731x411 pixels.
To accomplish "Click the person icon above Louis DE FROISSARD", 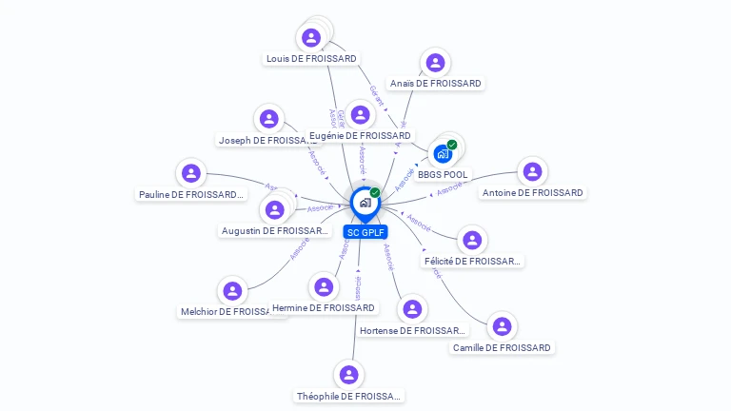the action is pos(310,38).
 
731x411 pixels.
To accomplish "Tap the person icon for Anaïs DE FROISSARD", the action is pos(435,63).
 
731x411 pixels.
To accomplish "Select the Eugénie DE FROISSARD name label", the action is pos(360,136).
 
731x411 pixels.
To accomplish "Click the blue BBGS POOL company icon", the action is pos(443,153).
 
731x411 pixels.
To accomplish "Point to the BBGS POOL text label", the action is pos(443,175).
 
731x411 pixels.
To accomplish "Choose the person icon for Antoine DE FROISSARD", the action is pos(532,172).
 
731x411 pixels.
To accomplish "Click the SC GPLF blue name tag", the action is pos(366,232).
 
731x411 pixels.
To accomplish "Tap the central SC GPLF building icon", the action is pos(365,202).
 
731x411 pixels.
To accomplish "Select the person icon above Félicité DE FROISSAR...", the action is pos(471,241).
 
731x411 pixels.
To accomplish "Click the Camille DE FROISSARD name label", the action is pos(502,347).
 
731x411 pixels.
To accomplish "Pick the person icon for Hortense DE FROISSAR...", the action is pos(412,309).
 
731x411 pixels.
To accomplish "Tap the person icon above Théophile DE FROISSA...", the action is pos(348,375).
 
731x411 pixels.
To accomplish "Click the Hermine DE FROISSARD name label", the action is pos(324,308).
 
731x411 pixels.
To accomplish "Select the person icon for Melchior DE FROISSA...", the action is pos(232,291).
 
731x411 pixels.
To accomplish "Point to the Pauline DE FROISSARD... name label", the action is pos(190,194).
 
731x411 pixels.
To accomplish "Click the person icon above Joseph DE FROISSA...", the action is pos(268,119).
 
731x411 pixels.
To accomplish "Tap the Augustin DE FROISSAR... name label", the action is pos(275,230).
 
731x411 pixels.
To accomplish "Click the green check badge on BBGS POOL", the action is pos(452,145).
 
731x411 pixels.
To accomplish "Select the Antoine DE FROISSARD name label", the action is pos(533,193).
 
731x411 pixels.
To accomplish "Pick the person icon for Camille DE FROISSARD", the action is pos(502,326).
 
